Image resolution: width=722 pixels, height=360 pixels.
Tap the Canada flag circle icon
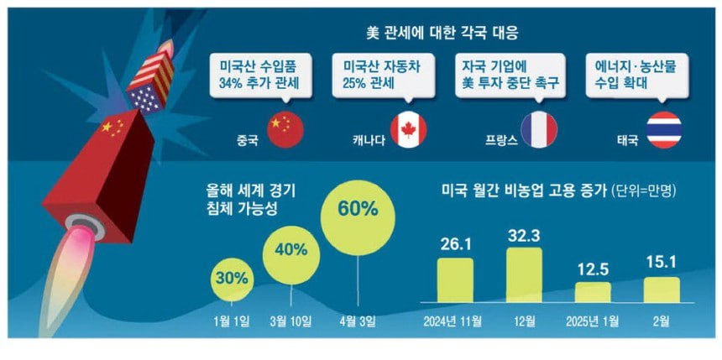pos(408,130)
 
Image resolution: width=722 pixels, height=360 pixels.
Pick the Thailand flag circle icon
pos(667,130)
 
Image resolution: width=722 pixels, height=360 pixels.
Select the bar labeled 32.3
pos(524,275)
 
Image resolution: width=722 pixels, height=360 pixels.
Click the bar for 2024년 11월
pos(458,280)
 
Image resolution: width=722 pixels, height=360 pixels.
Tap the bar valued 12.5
pos(593,292)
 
